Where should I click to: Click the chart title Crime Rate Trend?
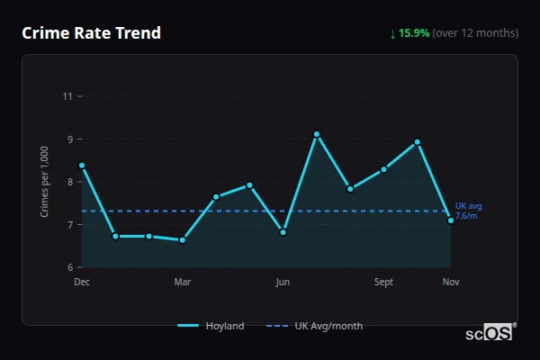[x=92, y=33]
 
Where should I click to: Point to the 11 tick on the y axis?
[x=67, y=95]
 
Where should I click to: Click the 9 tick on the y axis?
[x=68, y=139]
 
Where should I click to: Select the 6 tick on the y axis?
[x=68, y=267]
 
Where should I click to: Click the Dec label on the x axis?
[x=82, y=282]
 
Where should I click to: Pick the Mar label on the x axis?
[x=183, y=282]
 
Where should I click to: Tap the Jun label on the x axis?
[x=283, y=282]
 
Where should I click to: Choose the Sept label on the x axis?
[x=383, y=282]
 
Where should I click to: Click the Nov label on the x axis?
[x=451, y=282]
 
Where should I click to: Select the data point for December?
[x=82, y=166]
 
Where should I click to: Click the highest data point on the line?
[x=317, y=134]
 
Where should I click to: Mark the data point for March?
[x=183, y=240]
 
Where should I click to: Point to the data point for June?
[x=283, y=232]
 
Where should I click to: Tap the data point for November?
[x=451, y=220]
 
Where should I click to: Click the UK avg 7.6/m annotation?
[x=467, y=211]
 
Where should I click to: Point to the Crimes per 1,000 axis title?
[x=45, y=181]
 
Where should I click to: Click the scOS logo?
[x=490, y=333]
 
